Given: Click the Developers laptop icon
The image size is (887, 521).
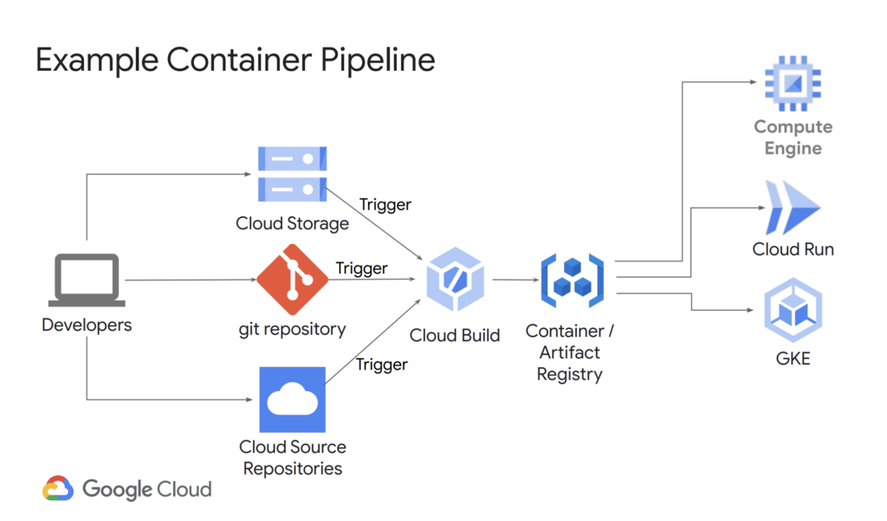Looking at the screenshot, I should click(87, 280).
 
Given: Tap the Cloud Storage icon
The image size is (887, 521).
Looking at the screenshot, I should click(292, 174).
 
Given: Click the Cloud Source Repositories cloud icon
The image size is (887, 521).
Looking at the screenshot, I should click(292, 400).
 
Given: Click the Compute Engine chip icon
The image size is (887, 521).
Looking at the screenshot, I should click(793, 82).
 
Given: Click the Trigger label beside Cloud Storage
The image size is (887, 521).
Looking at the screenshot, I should click(385, 205).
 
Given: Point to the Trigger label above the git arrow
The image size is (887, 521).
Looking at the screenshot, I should click(362, 268).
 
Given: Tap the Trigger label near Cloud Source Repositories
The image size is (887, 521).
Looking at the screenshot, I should click(382, 364).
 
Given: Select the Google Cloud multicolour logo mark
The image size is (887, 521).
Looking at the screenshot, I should click(58, 489).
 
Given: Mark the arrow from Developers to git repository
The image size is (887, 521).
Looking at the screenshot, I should click(191, 280).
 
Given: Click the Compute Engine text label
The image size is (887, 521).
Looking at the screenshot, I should click(793, 138).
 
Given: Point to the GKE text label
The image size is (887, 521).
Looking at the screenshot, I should click(793, 357).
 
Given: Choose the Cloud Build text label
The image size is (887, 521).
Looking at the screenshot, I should click(455, 335).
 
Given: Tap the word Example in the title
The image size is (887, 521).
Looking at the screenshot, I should click(96, 61).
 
